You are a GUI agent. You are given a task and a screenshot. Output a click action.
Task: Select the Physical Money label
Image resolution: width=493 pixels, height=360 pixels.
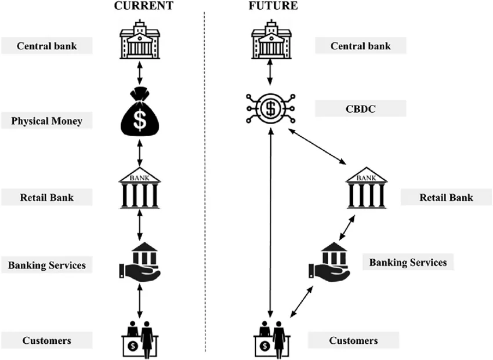tap(46, 121)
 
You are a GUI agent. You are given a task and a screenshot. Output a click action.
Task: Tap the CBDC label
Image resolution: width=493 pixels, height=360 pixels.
tap(360, 108)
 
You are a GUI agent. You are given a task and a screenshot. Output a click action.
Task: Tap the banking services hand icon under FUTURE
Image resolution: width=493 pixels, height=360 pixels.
tap(329, 263)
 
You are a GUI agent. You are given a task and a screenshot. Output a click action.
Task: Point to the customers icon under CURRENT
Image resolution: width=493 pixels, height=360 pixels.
tap(139, 337)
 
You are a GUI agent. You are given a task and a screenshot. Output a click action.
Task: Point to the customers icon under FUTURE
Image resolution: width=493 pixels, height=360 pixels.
tap(271, 337)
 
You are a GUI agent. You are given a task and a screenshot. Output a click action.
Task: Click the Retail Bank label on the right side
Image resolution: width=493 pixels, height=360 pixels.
tap(445, 197)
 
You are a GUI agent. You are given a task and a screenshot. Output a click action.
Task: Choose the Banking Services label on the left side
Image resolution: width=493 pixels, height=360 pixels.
tap(46, 266)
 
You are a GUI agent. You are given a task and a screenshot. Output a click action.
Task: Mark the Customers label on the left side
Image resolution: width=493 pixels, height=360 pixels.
tap(46, 340)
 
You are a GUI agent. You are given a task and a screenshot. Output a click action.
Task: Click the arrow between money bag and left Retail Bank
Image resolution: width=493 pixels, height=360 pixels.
tap(139, 152)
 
